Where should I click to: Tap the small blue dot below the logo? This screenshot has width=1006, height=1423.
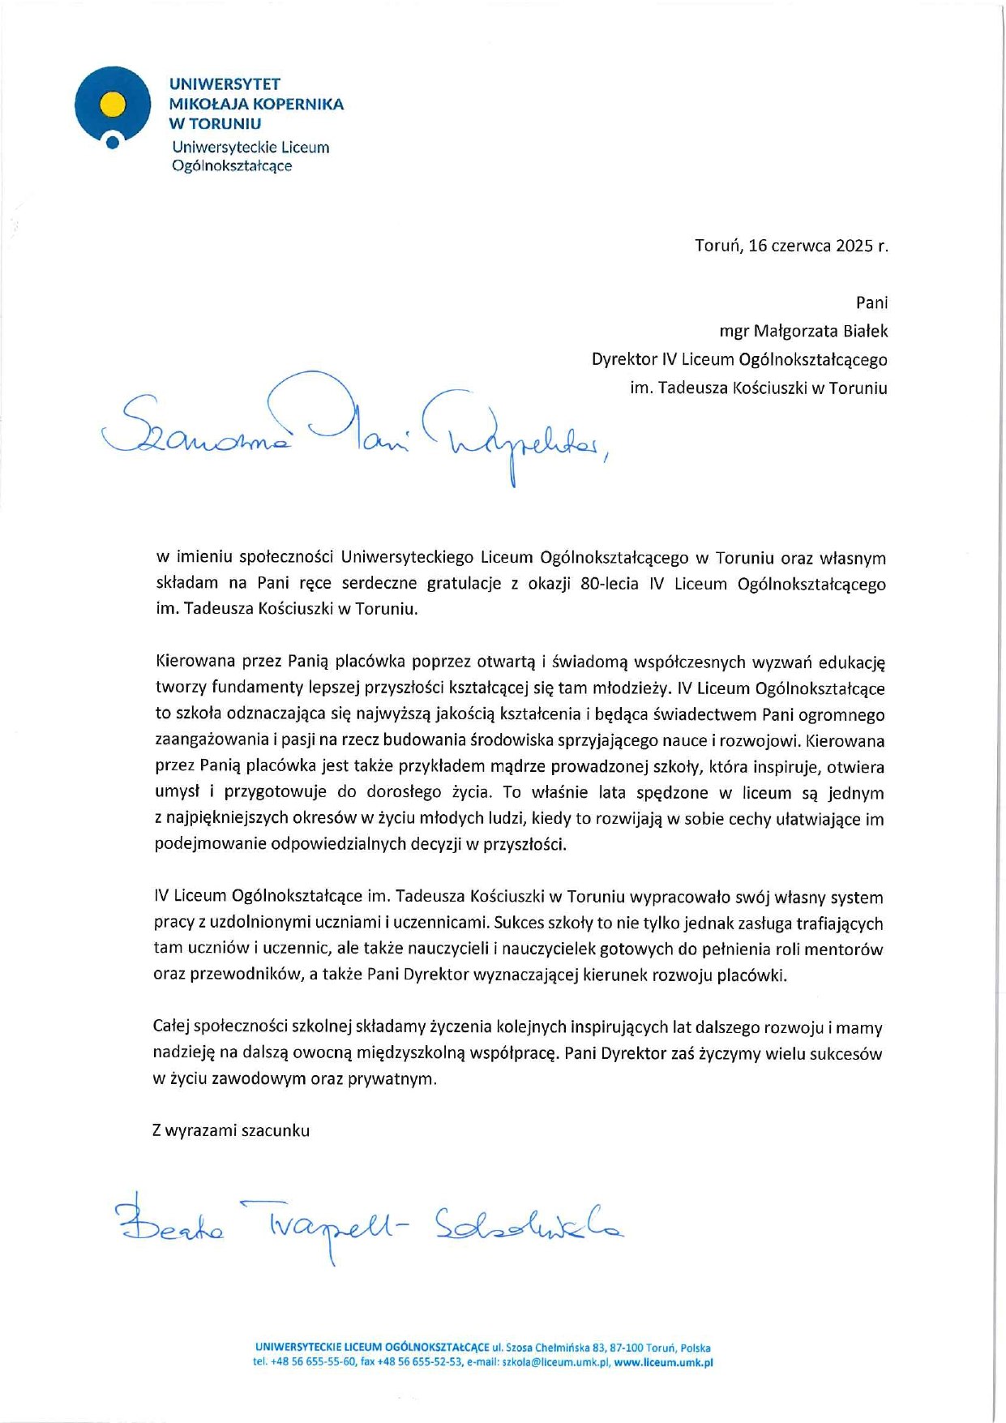(113, 144)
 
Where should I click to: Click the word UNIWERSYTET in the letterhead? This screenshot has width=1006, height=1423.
(225, 84)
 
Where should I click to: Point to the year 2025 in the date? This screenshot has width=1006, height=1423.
(853, 246)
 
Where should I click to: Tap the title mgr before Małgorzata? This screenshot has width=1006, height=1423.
(734, 331)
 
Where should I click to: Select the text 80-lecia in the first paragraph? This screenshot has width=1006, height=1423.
(610, 584)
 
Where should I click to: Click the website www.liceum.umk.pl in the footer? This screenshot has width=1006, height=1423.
(663, 1362)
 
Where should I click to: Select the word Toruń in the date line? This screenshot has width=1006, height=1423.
(718, 246)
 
